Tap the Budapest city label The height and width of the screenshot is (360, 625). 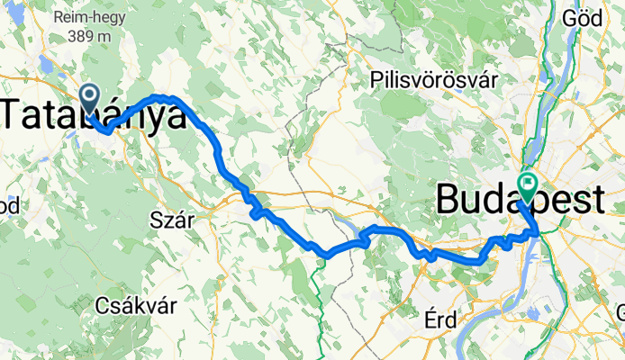point(520,200)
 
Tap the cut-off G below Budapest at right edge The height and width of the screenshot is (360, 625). point(620,312)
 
